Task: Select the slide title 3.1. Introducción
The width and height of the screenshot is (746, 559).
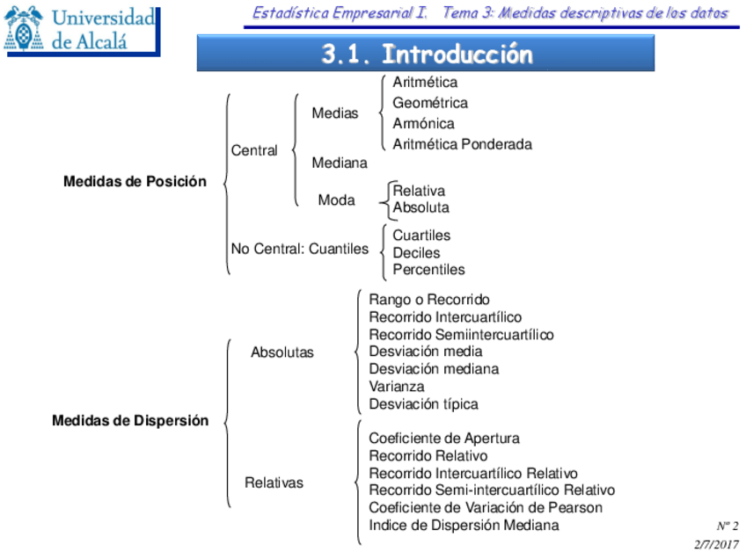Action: click(x=427, y=54)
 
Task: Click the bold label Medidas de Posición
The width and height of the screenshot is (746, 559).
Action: click(x=135, y=182)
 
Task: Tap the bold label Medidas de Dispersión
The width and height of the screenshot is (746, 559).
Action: click(x=130, y=420)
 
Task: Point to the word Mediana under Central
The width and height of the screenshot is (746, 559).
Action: click(x=340, y=163)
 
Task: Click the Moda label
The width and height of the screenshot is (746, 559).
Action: click(x=336, y=200)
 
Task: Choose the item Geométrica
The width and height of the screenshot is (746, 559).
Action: click(x=430, y=103)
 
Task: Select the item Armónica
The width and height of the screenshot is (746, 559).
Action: click(x=423, y=124)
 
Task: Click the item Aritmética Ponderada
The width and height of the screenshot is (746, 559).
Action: click(x=462, y=144)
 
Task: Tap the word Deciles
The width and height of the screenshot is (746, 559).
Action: click(x=416, y=253)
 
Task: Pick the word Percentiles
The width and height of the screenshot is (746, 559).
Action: click(x=428, y=270)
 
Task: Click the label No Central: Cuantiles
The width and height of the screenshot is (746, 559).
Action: click(x=300, y=249)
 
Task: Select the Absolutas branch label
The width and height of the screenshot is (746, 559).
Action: click(x=282, y=352)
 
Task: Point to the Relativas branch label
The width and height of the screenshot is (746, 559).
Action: click(x=274, y=483)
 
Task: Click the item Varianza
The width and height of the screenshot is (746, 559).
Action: click(x=396, y=387)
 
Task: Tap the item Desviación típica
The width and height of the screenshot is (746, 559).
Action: click(x=423, y=404)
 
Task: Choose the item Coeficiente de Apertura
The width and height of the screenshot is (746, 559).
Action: click(x=443, y=438)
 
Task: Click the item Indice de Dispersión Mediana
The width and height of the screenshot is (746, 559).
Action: click(x=464, y=526)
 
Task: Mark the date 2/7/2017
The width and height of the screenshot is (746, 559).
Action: click(x=716, y=544)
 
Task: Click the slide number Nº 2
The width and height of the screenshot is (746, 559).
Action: click(x=727, y=526)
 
